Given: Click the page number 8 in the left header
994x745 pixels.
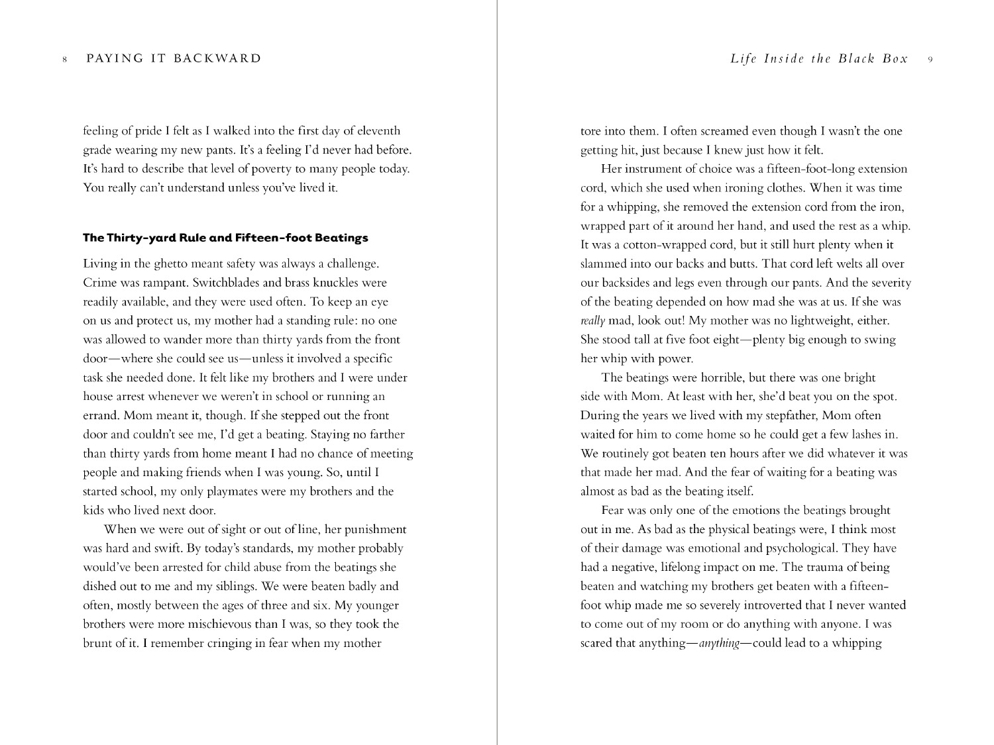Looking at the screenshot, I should click(x=64, y=60).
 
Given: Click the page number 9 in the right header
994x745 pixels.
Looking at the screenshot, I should click(x=930, y=60).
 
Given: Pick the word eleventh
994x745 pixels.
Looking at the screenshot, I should click(x=378, y=131).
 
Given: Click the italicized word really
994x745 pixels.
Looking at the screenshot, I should click(x=593, y=321).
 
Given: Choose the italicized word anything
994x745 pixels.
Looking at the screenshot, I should click(x=719, y=644).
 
